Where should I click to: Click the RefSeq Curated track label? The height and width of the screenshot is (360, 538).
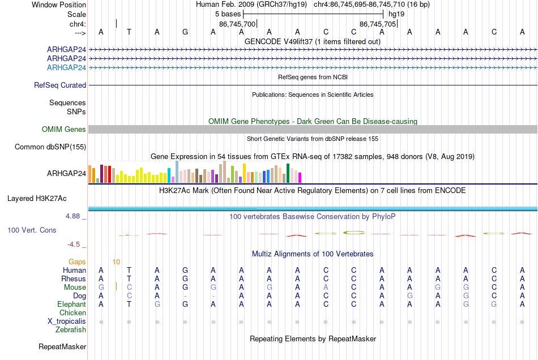point(60,85)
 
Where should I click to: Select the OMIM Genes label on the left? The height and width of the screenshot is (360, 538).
point(64,129)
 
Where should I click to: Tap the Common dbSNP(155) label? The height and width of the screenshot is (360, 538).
point(50,147)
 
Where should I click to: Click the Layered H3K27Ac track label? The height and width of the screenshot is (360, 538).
point(37,199)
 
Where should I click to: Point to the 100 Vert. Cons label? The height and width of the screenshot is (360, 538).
point(32,230)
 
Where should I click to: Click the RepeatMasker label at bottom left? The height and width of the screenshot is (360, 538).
point(62,346)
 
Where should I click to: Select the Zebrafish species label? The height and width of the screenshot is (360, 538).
point(71,329)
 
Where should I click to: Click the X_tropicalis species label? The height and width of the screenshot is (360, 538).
point(67,322)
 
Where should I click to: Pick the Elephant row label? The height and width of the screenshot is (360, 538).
point(72,304)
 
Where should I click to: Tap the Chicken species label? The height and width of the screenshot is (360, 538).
point(72,312)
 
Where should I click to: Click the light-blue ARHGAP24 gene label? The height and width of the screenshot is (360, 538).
point(67,67)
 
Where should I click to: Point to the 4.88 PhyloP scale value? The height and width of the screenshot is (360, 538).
point(72,216)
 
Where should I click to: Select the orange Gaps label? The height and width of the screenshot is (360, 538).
point(77,262)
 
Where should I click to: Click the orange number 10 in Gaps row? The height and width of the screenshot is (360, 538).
point(116,262)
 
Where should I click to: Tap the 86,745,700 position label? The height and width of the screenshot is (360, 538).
point(237,24)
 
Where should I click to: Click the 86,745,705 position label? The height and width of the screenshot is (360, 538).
point(378,24)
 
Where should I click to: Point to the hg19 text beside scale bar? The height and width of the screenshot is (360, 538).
point(396,14)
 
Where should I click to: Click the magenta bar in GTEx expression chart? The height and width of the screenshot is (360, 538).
point(300,178)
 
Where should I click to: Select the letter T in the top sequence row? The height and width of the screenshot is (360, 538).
point(129,32)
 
